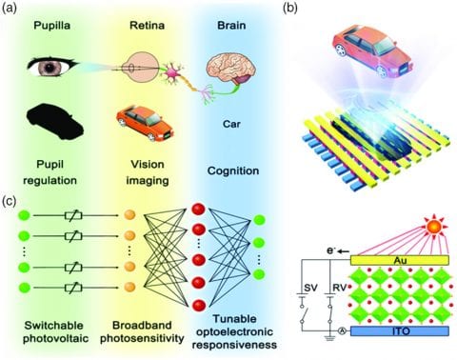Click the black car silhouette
(56, 120)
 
